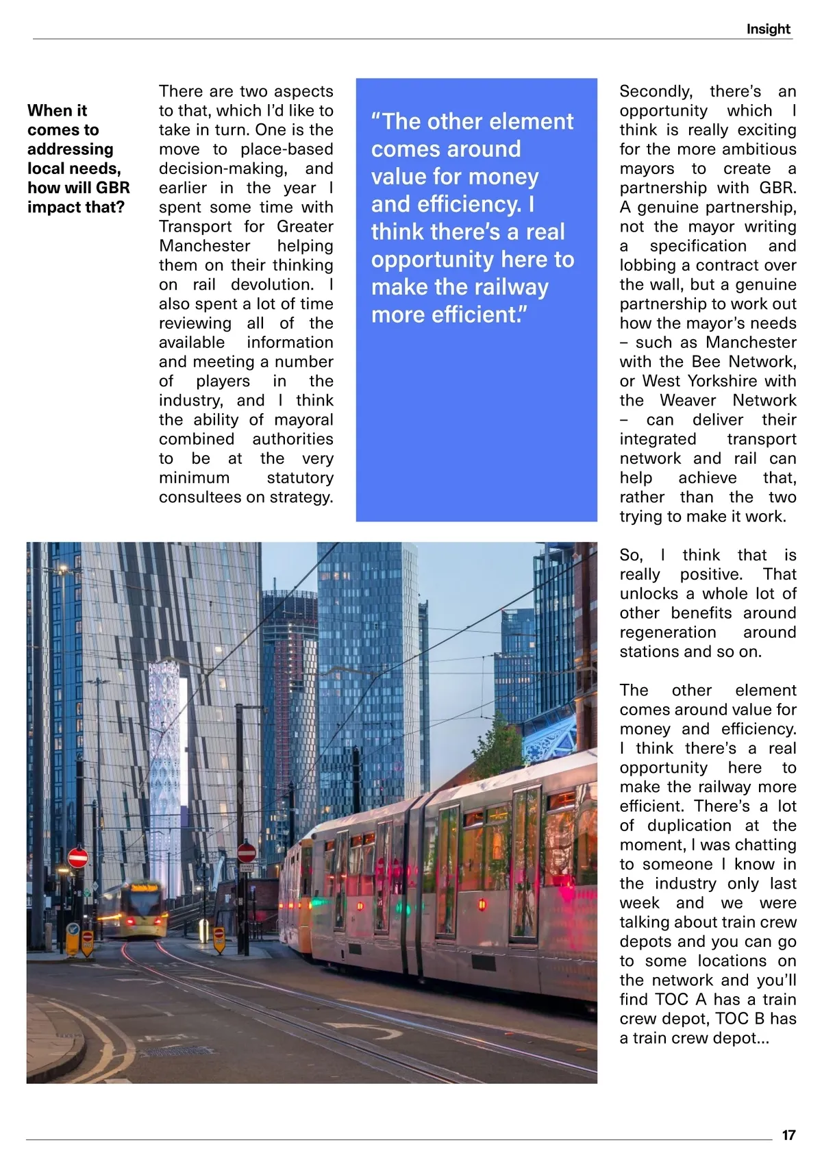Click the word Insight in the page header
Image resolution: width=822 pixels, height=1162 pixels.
click(768, 29)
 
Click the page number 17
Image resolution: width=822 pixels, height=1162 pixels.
click(788, 1135)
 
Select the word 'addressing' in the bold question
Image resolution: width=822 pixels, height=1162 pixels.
click(70, 149)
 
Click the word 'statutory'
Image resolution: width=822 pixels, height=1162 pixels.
click(300, 478)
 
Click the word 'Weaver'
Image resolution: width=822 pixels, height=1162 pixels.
click(688, 400)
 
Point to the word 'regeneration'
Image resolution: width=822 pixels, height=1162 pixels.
click(668, 632)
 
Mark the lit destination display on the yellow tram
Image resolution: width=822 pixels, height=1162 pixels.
click(144, 888)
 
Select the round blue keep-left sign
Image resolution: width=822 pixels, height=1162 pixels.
click(73, 930)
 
